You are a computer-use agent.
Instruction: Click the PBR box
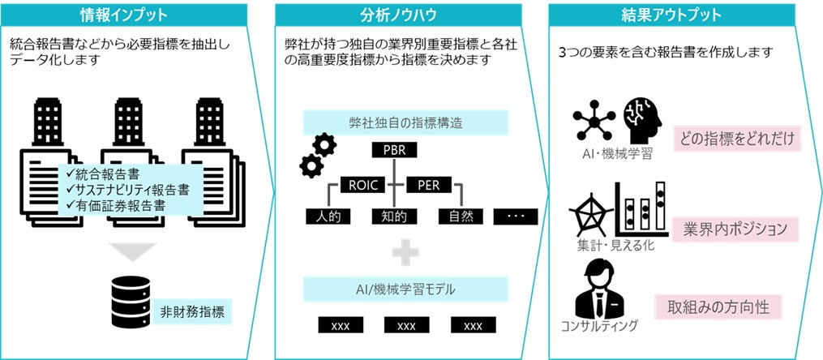pyautogui.click(x=393, y=151)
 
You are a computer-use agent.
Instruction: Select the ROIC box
pyautogui.click(x=361, y=184)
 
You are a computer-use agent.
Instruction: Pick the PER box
pyautogui.click(x=427, y=184)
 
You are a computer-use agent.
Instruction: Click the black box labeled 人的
pyautogui.click(x=327, y=216)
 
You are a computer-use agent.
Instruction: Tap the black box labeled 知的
pyautogui.click(x=393, y=216)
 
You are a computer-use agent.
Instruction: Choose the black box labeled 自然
pyautogui.click(x=460, y=216)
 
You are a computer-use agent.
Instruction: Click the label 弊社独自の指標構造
pyautogui.click(x=405, y=123)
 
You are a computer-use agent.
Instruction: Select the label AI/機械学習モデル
pyautogui.click(x=405, y=289)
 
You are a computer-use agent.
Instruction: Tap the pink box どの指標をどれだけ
pyautogui.click(x=737, y=138)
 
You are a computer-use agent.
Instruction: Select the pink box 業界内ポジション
pyautogui.click(x=736, y=229)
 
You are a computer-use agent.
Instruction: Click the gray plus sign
pyautogui.click(x=405, y=253)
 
